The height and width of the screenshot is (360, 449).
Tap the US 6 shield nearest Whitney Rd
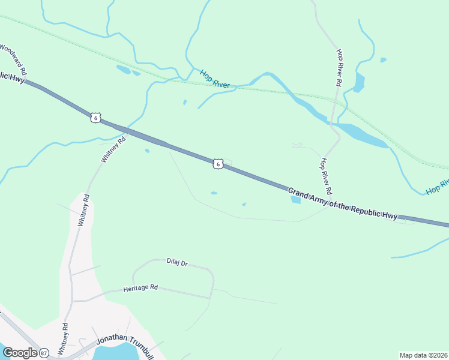[x=95, y=117]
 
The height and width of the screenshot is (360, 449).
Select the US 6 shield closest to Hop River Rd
[x=218, y=163]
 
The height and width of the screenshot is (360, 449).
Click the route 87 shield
[x=44, y=353]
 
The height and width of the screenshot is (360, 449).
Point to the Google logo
[x=20, y=353]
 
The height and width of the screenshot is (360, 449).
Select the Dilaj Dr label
[x=177, y=262]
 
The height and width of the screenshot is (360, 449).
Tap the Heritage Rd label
[x=140, y=288]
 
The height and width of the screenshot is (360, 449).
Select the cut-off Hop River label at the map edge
[x=438, y=187]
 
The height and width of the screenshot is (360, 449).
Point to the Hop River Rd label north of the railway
[x=339, y=66]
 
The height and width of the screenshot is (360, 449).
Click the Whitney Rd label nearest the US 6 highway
[x=113, y=149]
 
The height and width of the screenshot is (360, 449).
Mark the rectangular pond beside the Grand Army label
[x=295, y=200]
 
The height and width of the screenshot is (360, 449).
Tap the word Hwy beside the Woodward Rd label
[x=17, y=77]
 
